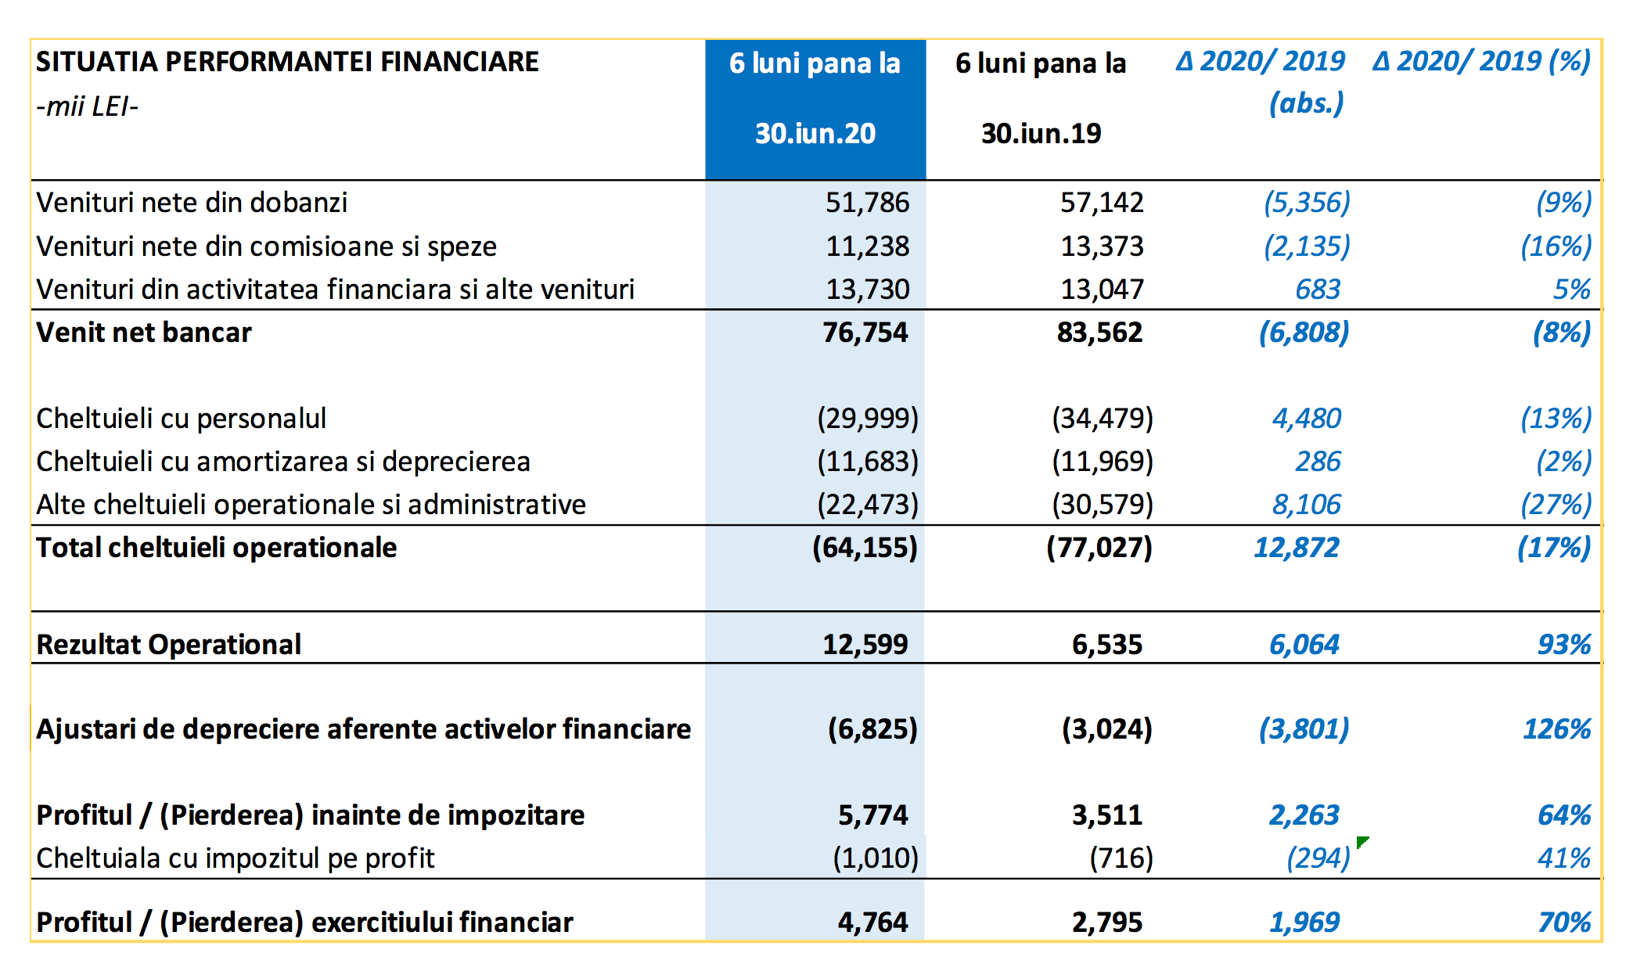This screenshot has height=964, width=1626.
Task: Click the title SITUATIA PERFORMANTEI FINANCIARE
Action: [287, 62]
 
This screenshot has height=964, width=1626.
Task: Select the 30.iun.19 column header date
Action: [1041, 134]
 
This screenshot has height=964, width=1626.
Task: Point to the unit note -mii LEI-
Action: [87, 106]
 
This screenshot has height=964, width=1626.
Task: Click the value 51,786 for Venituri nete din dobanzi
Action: [867, 203]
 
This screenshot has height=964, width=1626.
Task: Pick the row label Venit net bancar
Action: [144, 333]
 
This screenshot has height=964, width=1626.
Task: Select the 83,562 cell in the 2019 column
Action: [1099, 333]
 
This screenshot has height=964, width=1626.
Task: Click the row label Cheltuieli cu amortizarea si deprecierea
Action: [283, 462]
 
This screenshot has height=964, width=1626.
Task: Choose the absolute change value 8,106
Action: [1306, 505]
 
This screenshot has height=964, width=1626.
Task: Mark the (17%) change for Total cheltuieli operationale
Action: [1554, 548]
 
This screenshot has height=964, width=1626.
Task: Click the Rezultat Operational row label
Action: [168, 645]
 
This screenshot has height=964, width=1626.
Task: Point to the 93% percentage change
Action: [1564, 645]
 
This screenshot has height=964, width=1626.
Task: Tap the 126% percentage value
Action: [1557, 729]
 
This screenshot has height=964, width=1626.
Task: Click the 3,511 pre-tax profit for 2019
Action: [1106, 815]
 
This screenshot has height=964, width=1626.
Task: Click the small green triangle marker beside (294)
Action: [1362, 841]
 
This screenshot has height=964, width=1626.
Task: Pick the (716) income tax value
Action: [1121, 858]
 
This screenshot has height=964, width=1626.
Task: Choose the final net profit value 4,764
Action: [872, 923]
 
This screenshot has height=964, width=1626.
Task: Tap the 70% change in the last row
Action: [1564, 923]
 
